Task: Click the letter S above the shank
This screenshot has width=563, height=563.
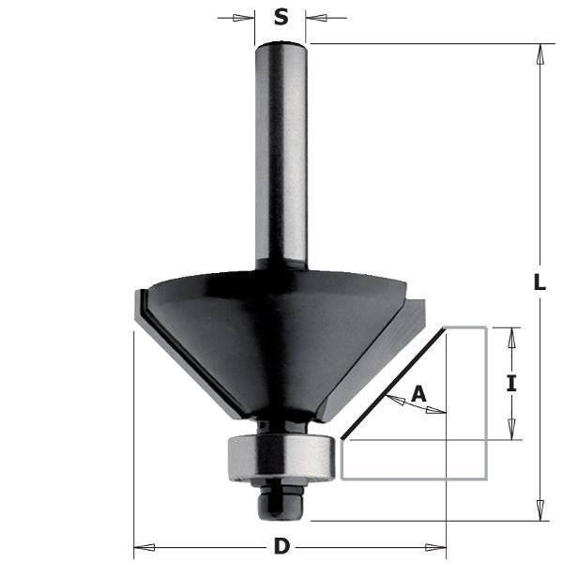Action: point(281,16)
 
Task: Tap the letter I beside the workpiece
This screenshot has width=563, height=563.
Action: point(511,383)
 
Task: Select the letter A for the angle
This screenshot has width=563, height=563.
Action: point(419,396)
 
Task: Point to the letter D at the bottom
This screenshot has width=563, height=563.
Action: point(281,545)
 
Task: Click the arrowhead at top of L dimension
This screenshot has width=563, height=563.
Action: point(539,53)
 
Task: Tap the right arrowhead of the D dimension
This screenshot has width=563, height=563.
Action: point(438,544)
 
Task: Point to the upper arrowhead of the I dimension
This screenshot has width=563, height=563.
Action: point(511,336)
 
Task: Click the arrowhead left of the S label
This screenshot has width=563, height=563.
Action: point(248,17)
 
